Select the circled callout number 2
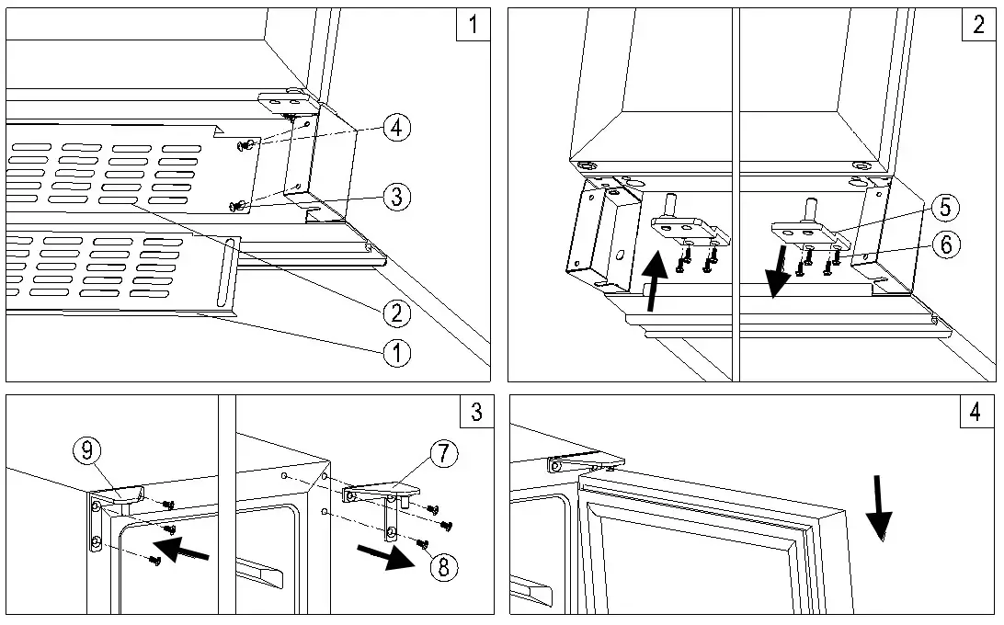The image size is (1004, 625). [396, 313]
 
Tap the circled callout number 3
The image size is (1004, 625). [396, 195]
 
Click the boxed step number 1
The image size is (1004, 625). [473, 24]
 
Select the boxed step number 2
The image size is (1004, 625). [978, 24]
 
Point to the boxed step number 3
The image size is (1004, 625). [476, 411]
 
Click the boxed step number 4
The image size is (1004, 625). [975, 411]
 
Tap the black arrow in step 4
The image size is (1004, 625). [879, 507]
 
